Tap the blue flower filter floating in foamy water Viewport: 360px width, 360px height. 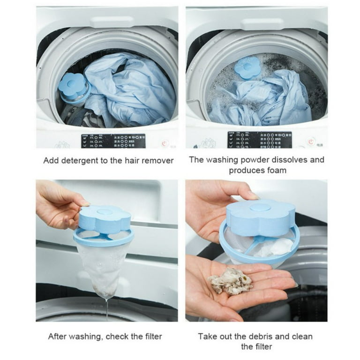(x=247, y=67)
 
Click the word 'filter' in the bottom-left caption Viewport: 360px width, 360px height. (x=150, y=336)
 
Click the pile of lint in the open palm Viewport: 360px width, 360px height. (x=230, y=281)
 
